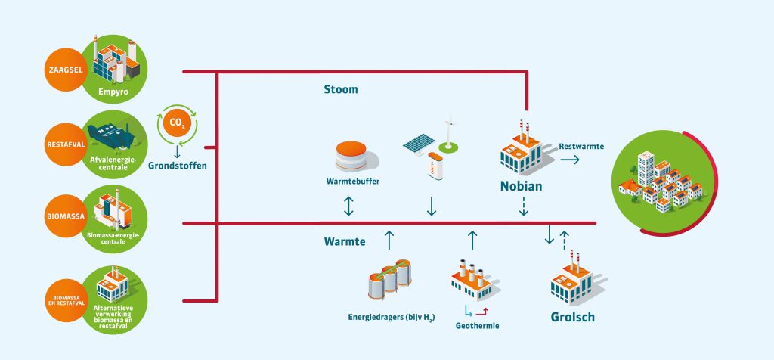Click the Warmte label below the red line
[345, 242]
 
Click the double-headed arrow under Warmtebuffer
[348, 205]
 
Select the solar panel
[419, 144]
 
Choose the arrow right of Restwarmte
[570, 160]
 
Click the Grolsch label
[572, 317]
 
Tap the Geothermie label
[478, 326]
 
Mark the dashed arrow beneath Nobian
[523, 206]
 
